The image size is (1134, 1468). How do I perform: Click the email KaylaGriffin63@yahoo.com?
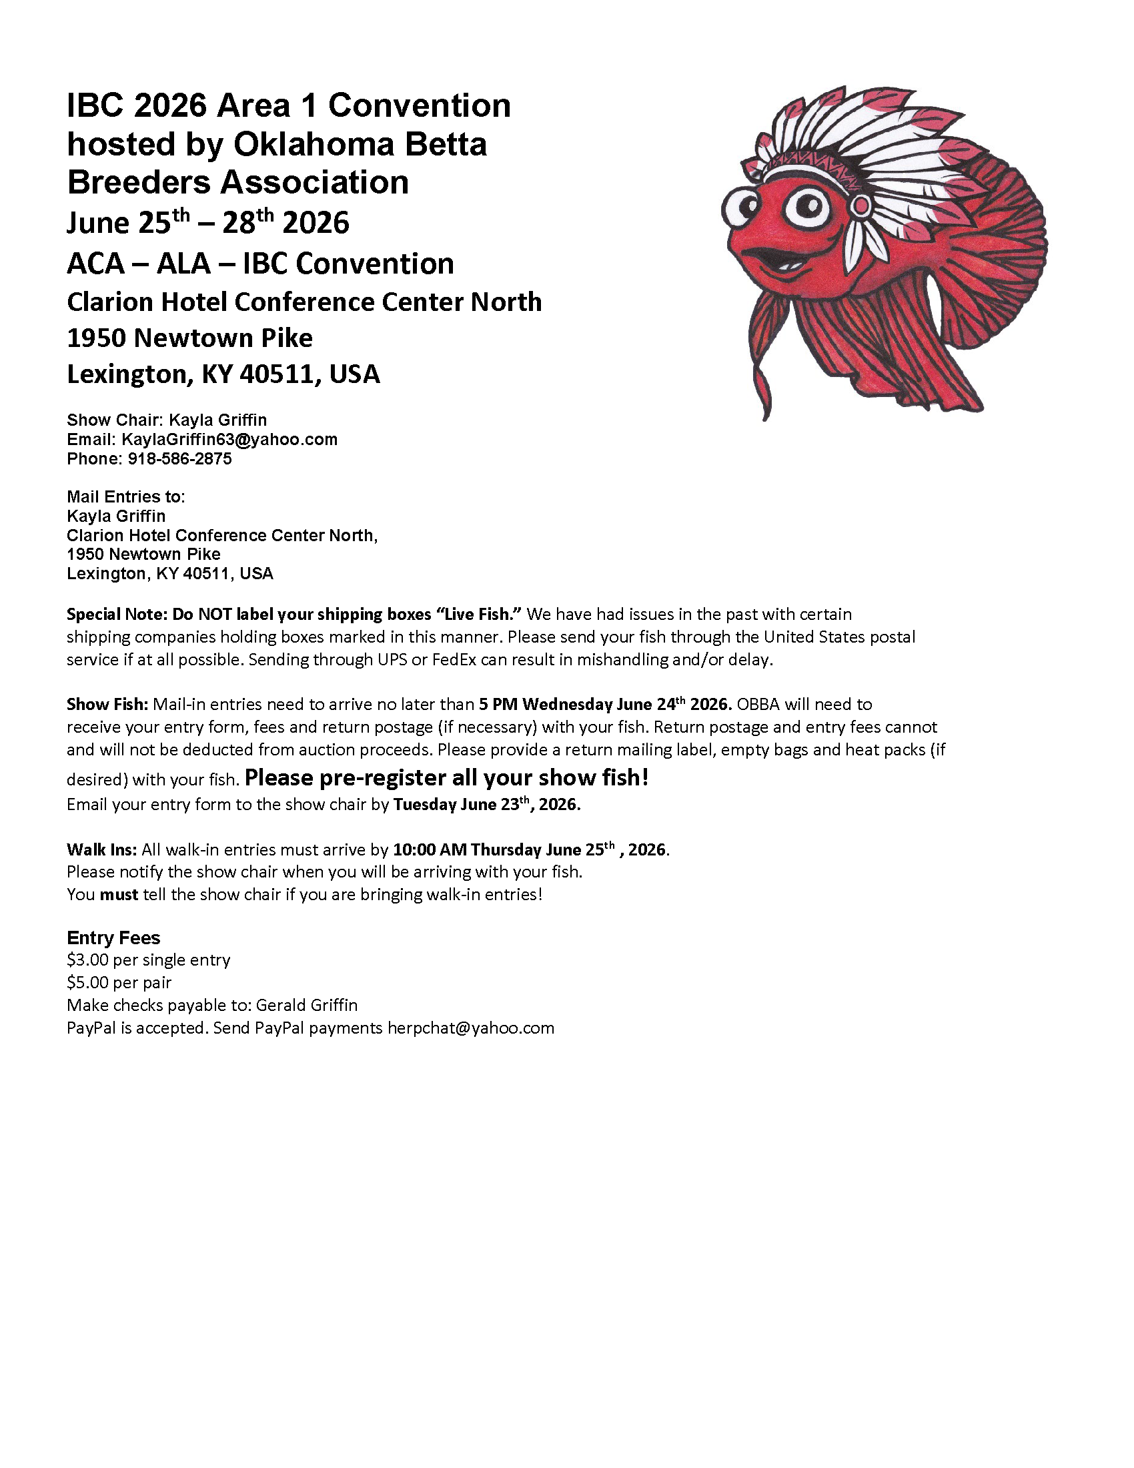229,440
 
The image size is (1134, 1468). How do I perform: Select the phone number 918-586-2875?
179,459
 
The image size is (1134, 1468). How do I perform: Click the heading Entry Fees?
113,938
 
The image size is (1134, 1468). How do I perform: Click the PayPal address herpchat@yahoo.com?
470,1028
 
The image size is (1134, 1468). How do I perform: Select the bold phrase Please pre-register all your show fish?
447,777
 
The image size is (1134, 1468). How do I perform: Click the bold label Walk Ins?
101,849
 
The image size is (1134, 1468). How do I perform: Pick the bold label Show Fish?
107,705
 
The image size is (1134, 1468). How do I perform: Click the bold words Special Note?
117,615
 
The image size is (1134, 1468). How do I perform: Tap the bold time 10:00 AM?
430,849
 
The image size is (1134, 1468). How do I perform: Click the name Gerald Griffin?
307,1006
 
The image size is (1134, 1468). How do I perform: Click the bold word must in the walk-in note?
119,895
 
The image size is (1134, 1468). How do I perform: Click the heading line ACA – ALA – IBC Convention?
260,264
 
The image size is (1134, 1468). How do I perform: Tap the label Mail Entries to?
125,496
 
